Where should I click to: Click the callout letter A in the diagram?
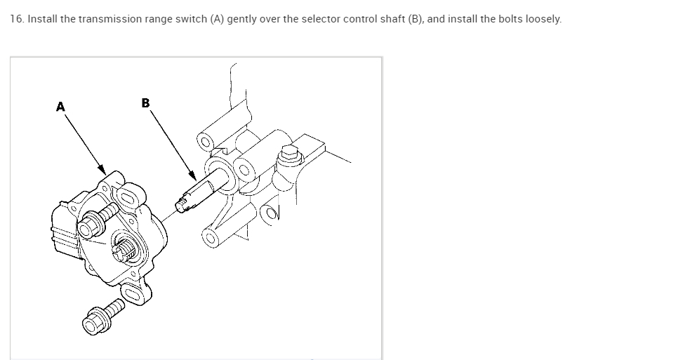pyautogui.click(x=60, y=107)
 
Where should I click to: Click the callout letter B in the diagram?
pyautogui.click(x=145, y=103)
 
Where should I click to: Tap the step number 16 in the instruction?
pyautogui.click(x=16, y=19)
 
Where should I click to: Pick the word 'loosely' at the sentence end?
pyautogui.click(x=542, y=19)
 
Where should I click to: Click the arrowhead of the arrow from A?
pyautogui.click(x=102, y=171)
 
